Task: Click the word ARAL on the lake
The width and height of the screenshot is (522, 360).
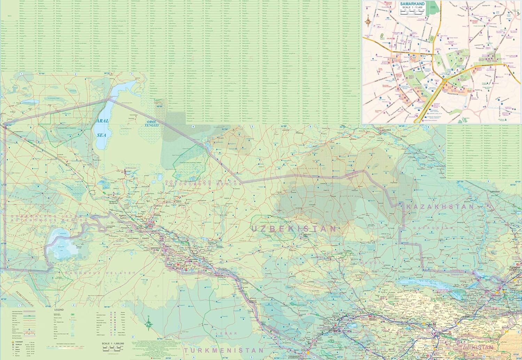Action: (102, 121)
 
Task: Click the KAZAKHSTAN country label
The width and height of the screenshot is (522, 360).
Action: (440, 207)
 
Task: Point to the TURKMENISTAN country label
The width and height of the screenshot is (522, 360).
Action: (224, 350)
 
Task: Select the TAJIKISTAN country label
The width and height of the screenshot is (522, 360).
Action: (476, 347)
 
